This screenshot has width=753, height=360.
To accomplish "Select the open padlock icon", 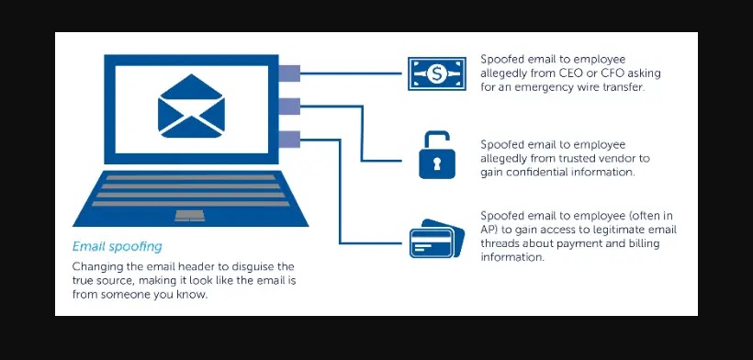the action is tap(437, 154).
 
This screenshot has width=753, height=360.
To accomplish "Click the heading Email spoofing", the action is tap(118, 246).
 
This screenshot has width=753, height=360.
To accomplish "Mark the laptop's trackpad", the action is tap(190, 214).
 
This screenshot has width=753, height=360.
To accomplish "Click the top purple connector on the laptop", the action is tap(289, 71).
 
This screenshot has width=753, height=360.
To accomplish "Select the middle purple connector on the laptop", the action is tap(289, 106).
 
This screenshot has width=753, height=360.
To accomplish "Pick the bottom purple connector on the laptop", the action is tap(289, 139).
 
